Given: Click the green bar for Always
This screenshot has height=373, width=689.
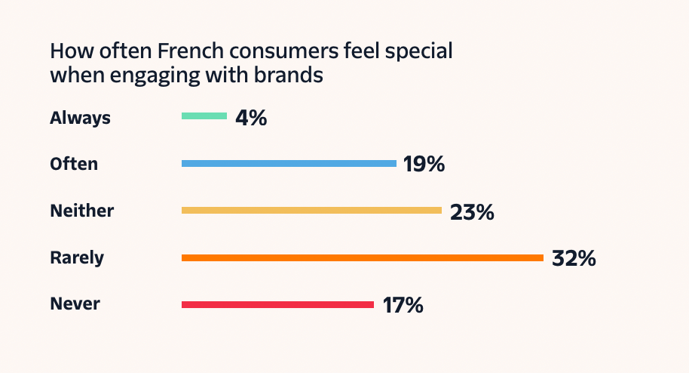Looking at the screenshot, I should coord(204,116).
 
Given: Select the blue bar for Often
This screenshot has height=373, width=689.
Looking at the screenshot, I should coord(289,163).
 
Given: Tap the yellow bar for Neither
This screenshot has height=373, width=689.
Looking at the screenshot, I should coord(311,210).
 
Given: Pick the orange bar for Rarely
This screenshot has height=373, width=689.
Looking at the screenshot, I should coord(362,257).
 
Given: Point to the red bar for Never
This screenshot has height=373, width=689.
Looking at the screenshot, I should coord(277,304).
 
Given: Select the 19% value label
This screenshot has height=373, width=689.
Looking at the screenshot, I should coord(424,164).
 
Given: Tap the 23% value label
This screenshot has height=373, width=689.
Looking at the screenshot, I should coord(472,211).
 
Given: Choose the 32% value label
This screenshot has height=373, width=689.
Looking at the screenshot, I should coord(574,258).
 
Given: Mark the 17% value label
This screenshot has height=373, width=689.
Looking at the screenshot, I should coord(403,306).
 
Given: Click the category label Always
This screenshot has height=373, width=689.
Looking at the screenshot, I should coord(80,118).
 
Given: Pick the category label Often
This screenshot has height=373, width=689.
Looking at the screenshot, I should coord(74,163).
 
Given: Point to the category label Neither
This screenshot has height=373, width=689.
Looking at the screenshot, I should coord(81,211).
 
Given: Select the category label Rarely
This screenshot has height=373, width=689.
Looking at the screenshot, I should coord(77,257).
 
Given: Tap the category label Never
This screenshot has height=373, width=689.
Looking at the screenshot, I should coord(75,304).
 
